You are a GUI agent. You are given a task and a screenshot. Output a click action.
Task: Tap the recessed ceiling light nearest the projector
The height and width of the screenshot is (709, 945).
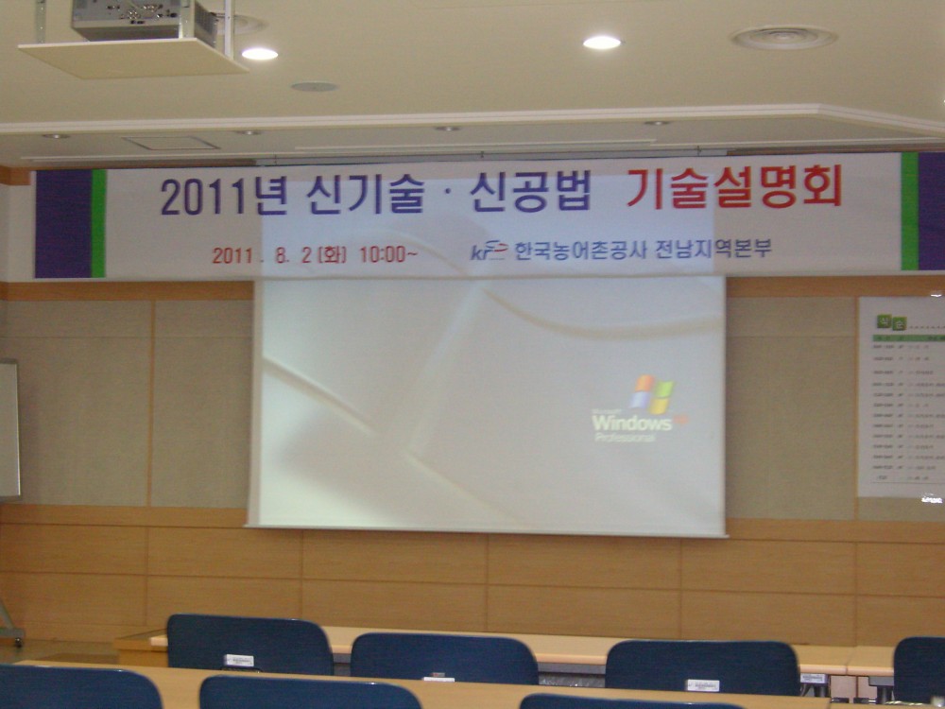point(259,54)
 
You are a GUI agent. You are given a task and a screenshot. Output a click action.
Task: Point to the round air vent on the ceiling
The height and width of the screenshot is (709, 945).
point(783,38)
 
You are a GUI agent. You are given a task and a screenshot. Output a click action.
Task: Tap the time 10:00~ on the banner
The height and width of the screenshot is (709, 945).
point(387,254)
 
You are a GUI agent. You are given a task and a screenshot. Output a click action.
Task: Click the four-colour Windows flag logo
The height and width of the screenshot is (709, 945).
point(653,393)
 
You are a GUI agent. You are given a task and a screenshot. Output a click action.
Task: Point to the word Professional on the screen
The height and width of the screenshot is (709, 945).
point(638,438)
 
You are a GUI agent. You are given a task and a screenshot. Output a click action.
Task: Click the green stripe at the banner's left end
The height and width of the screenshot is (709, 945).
point(98,223)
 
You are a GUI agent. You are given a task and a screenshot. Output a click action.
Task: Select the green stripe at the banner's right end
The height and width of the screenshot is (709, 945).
point(909,212)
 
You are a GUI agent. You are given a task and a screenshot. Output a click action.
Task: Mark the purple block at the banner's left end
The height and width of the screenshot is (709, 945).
point(63,224)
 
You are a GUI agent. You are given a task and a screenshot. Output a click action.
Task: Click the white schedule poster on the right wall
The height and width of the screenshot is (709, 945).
point(902,397)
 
